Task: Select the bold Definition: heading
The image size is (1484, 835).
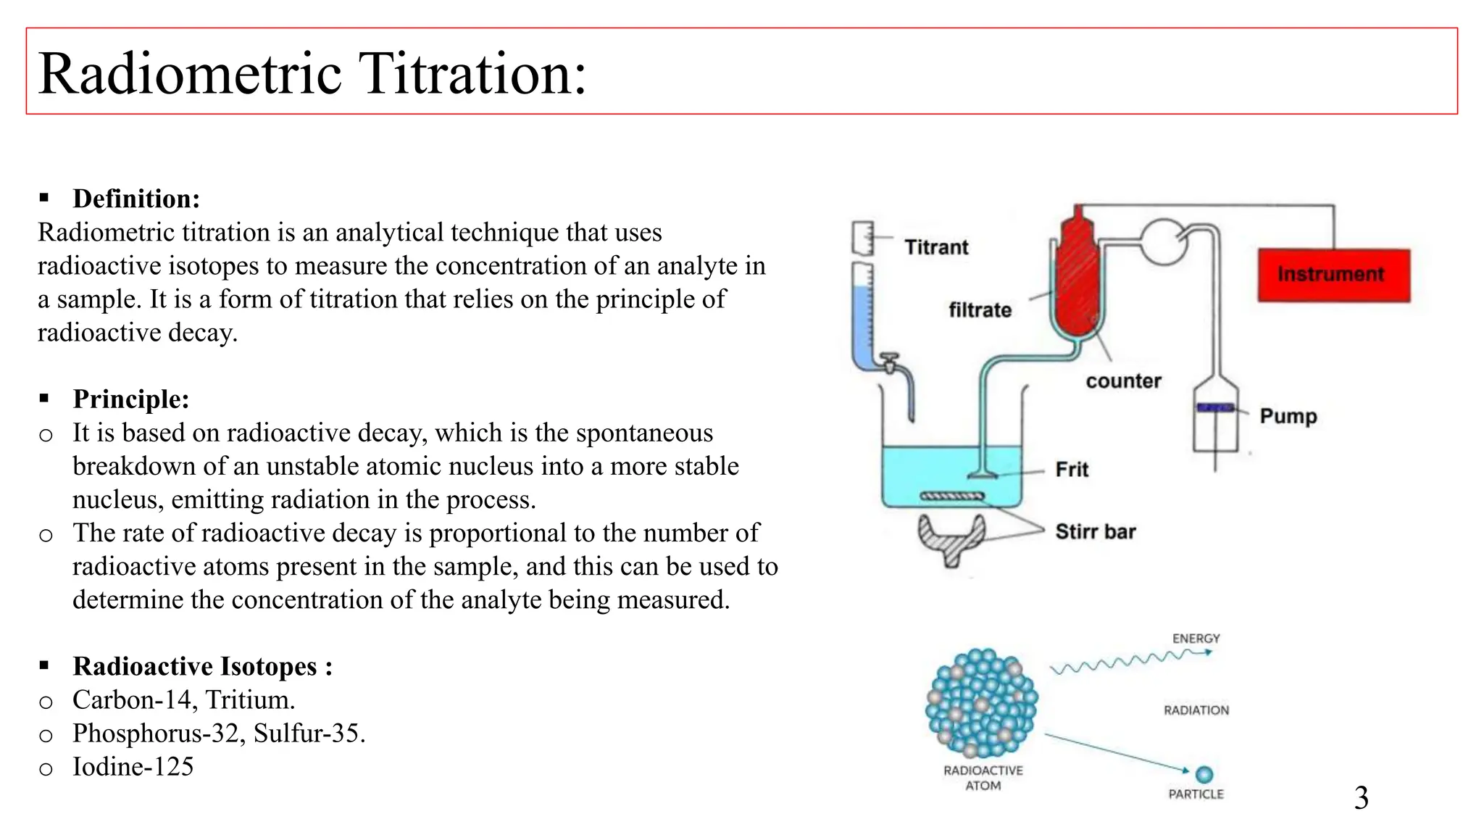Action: coord(136,199)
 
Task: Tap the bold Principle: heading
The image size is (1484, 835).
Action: coord(131,399)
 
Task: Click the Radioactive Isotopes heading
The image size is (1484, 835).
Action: coord(202,666)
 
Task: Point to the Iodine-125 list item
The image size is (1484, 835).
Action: coord(133,767)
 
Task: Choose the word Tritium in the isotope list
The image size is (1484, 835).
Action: coord(250,700)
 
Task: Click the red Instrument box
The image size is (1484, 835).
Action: coord(1333,275)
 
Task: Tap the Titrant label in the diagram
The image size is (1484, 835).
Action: coord(936,248)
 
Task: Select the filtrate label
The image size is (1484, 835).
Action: coord(980,310)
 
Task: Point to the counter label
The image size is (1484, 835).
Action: coord(1123,381)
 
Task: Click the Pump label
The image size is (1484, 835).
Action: coord(1288,416)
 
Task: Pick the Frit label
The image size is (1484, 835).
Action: coord(1072,470)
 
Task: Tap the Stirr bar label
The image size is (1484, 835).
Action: coord(1095,532)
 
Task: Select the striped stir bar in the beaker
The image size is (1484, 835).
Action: coord(952,497)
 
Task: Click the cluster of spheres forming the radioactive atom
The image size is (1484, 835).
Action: coord(982,702)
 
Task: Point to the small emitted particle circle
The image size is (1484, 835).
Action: coord(1204,775)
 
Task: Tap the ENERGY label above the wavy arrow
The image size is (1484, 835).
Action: coord(1196,639)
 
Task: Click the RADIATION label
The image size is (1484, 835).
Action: coord(1196,710)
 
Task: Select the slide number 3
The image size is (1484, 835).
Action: coord(1361,798)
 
